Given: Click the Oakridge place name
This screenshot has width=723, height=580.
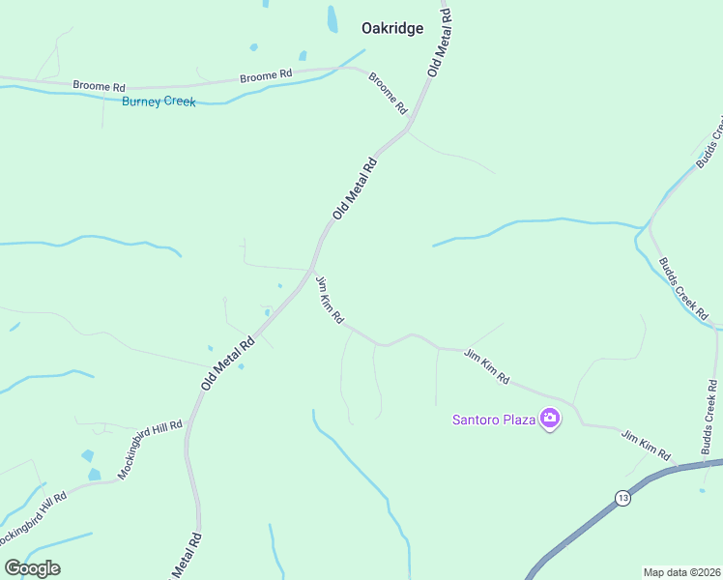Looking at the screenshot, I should (x=392, y=29).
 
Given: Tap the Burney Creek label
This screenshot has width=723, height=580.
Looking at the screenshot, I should (x=159, y=101).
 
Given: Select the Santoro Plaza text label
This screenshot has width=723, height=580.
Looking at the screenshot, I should (x=494, y=420).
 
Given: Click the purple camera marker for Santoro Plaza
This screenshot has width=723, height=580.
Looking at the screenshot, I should (x=550, y=419).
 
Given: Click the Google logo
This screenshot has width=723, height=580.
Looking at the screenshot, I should (x=32, y=568).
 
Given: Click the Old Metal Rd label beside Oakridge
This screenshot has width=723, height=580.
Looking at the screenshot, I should (x=440, y=43).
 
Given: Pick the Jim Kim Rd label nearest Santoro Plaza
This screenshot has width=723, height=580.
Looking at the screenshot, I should (x=486, y=367).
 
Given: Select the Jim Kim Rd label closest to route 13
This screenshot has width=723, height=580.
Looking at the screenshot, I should (x=646, y=445).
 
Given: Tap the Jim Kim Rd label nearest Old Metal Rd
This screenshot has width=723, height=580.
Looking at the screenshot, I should (x=330, y=300).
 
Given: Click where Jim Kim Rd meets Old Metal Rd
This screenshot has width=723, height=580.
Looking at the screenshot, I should (x=311, y=271).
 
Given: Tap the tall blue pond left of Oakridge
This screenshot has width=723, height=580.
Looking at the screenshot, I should (x=333, y=18).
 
